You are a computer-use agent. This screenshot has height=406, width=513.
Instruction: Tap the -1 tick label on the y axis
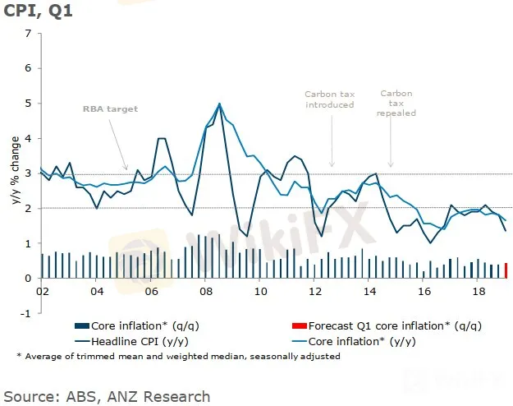pyautogui.click(x=26, y=313)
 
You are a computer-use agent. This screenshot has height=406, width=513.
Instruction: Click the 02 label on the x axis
pyautogui.click(x=42, y=291)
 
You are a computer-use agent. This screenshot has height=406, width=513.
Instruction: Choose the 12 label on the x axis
pyautogui.click(x=314, y=291)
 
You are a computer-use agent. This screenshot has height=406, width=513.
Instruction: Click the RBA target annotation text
pyautogui.click(x=110, y=108)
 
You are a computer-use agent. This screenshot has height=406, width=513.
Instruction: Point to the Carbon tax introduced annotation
pyautogui.click(x=329, y=99)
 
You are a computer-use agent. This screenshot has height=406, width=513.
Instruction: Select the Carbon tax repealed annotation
pyautogui.click(x=397, y=103)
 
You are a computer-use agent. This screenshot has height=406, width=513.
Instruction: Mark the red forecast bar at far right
pyautogui.click(x=506, y=270)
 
